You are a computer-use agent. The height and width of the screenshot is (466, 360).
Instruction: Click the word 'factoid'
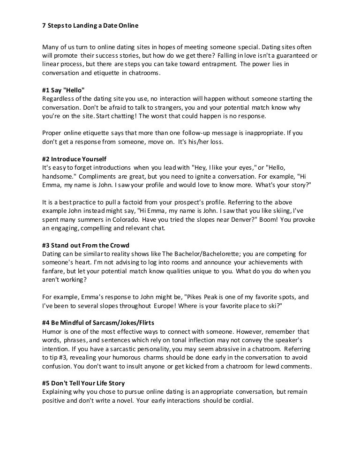click(143, 202)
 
